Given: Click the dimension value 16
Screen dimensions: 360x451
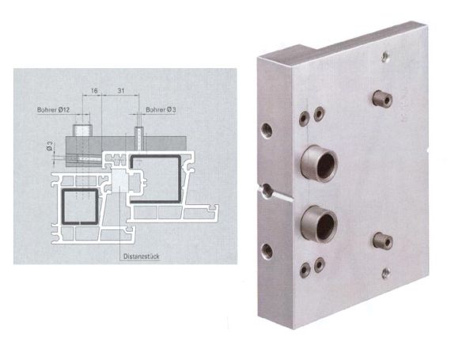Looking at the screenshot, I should [x=94, y=92].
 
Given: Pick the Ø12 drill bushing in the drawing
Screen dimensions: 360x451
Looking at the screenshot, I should [x=81, y=128].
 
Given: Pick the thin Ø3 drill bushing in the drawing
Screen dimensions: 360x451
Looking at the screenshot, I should [x=138, y=131].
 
